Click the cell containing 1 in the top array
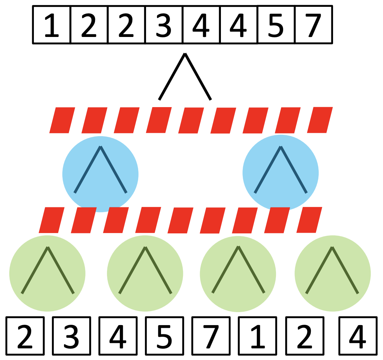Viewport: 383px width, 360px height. click(x=52, y=25)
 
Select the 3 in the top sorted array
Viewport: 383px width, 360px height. click(x=164, y=25)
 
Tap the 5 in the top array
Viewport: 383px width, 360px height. click(x=276, y=25)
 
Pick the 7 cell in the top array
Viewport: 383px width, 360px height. click(x=313, y=25)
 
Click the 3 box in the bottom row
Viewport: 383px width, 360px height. click(x=71, y=336)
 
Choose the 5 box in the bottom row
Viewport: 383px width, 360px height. click(x=164, y=336)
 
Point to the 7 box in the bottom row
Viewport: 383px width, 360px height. click(x=211, y=336)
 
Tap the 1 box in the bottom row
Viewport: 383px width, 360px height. click(x=257, y=336)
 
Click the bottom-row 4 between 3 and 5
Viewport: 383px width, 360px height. click(x=118, y=336)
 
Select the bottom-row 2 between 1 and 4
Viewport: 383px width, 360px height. click(x=304, y=336)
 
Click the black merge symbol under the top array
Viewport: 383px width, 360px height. click(x=185, y=77)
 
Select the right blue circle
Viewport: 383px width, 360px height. click(x=280, y=173)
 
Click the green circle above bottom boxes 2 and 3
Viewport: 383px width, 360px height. click(x=47, y=273)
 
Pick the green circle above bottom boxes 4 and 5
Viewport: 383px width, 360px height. click(x=145, y=273)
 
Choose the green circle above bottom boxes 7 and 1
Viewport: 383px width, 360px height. click(x=238, y=273)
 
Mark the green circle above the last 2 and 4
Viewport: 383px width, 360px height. click(x=332, y=273)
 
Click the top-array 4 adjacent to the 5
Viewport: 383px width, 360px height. click(x=239, y=25)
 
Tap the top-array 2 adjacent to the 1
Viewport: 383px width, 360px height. click(x=89, y=25)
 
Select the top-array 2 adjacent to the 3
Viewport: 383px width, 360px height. click(x=127, y=25)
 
